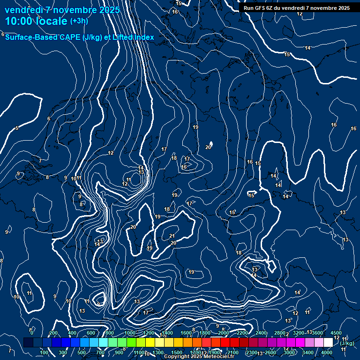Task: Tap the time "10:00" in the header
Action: pyautogui.click(x=19, y=21)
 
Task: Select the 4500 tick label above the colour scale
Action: pyautogui.click(x=336, y=333)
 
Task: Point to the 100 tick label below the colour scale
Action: pyautogui.click(x=44, y=352)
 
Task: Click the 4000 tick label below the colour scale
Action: pyautogui.click(x=327, y=352)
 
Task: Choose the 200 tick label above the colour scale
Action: pyautogui.click(x=53, y=333)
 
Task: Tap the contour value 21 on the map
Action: pyautogui.click(x=172, y=236)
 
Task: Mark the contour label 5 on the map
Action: pyautogui.click(x=17, y=128)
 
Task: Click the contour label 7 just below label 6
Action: pyautogui.click(x=40, y=161)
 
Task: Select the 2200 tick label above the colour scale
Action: pyautogui.click(x=242, y=333)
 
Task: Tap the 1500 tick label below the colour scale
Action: pyautogui.click(x=177, y=352)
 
